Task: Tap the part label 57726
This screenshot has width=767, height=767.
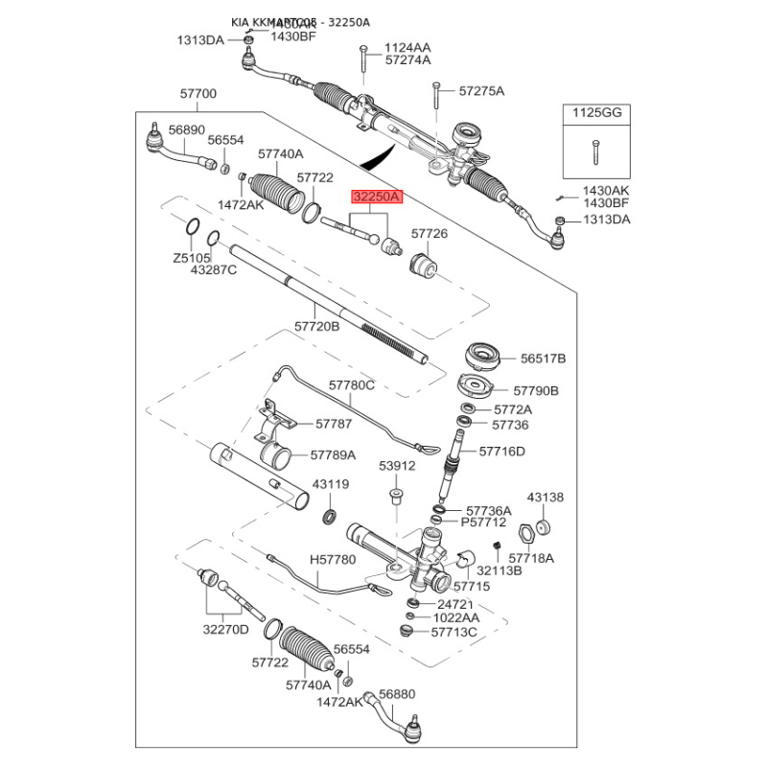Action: (x=430, y=233)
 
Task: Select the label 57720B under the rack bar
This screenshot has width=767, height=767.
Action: (x=316, y=326)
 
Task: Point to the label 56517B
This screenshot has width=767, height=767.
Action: (x=544, y=359)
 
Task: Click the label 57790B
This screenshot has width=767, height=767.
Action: (x=536, y=391)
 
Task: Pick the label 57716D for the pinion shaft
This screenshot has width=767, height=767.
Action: (x=502, y=450)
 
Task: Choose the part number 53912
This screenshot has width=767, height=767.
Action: (x=396, y=466)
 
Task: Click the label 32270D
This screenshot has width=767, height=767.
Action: (x=225, y=629)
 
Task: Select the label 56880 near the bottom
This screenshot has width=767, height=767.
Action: (x=397, y=693)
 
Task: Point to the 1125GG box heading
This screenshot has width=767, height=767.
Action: (x=597, y=112)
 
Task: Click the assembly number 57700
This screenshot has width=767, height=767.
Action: (x=198, y=94)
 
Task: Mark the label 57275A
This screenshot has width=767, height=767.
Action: (x=481, y=91)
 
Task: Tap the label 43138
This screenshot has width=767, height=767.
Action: (x=546, y=498)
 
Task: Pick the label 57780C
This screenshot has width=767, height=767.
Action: (x=352, y=384)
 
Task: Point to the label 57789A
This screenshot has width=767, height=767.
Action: (x=333, y=455)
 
